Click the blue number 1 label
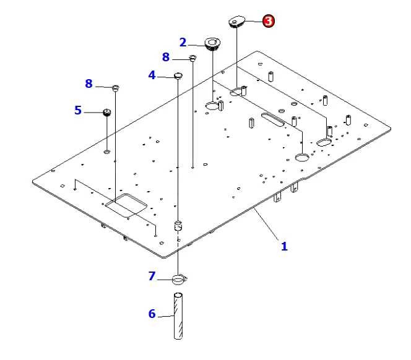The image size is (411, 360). (x=284, y=246)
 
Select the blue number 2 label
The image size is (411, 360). (x=183, y=42)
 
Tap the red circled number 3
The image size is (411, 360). (x=268, y=20)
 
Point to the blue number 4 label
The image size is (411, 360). (x=152, y=75)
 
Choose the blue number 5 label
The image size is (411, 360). (x=77, y=110)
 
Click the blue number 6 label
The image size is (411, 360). (x=152, y=314)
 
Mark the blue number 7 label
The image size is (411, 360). (x=152, y=276)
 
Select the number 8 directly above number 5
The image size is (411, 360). (x=89, y=84)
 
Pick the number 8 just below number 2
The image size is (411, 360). (x=165, y=57)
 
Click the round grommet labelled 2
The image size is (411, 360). (x=212, y=44)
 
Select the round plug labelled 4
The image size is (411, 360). (x=178, y=75)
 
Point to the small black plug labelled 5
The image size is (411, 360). (x=106, y=112)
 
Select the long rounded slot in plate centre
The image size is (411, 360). (x=272, y=119)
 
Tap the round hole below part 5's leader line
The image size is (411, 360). (x=107, y=151)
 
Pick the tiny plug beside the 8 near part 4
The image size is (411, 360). (x=193, y=58)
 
